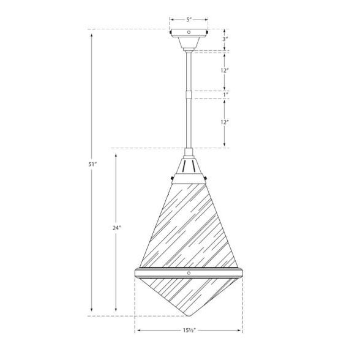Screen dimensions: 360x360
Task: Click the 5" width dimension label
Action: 189,19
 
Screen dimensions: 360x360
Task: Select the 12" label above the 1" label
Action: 226,70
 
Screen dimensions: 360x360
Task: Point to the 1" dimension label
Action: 226,94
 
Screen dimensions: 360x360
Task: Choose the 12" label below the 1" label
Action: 226,122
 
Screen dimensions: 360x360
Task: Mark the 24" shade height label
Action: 116,228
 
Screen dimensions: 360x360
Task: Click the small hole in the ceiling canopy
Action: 189,32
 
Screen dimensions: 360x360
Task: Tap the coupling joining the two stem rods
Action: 189,94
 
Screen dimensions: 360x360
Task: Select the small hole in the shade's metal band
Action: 189,272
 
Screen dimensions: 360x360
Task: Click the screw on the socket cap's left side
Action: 171,179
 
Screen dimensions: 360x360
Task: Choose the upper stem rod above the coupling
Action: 189,70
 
